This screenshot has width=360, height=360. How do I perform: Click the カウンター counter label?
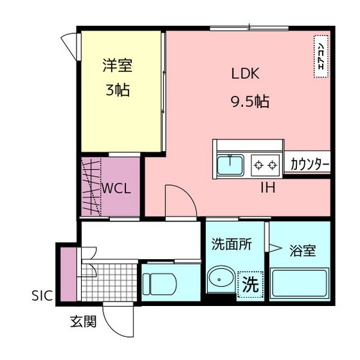(310, 164)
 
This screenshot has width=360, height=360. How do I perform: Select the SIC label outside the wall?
(42, 296)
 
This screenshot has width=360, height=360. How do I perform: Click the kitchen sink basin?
(230, 165)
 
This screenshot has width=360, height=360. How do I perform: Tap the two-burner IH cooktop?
(265, 165)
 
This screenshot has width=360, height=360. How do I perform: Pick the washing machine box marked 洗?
(250, 285)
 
